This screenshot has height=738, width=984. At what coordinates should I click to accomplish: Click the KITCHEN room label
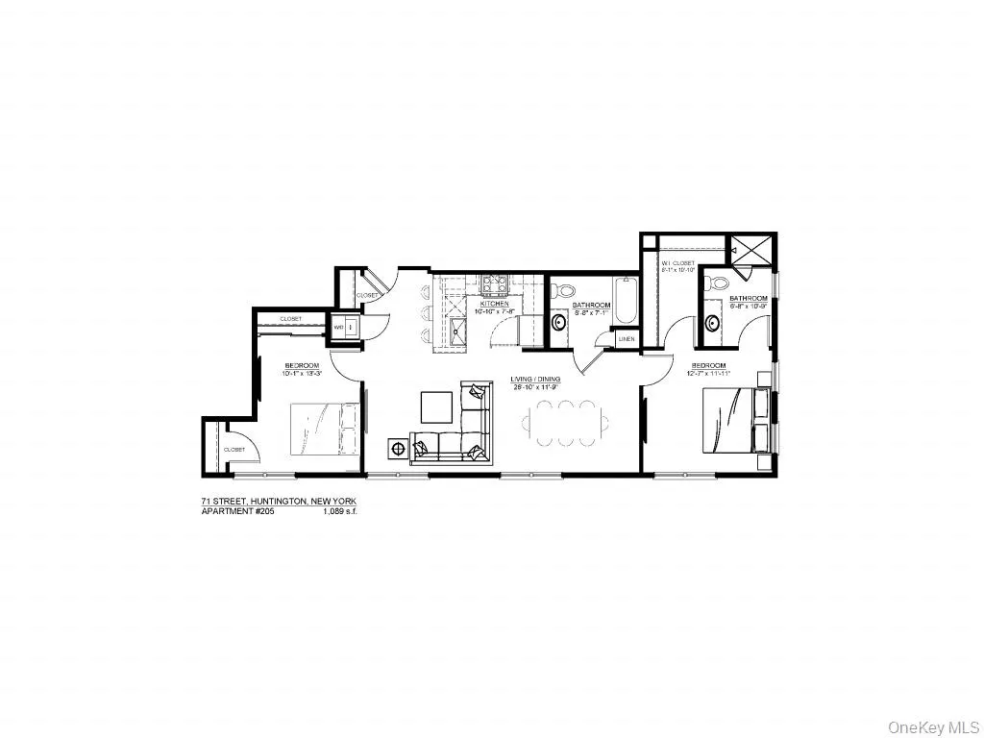click(496, 303)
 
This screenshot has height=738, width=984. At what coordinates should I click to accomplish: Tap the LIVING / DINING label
click(535, 380)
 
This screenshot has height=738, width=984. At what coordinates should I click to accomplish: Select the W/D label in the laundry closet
click(338, 328)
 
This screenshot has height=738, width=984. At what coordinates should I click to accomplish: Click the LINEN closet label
click(626, 339)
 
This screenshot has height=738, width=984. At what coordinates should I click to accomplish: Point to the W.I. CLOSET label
click(677, 262)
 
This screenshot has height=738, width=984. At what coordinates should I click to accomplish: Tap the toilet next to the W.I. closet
click(712, 285)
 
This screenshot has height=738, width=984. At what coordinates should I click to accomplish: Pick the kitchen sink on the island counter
click(455, 333)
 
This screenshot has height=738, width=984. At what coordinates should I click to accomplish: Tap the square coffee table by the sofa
click(437, 407)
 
